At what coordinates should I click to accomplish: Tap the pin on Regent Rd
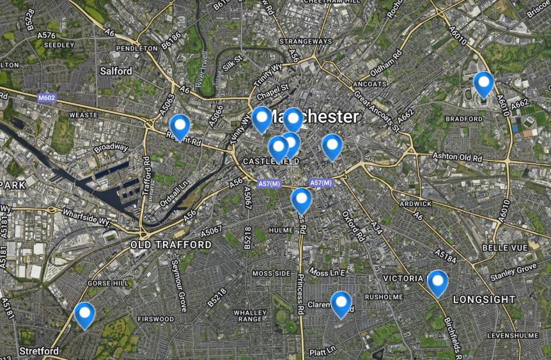click(180, 127)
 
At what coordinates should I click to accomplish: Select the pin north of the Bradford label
click(483, 84)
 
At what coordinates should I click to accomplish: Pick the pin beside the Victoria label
click(437, 283)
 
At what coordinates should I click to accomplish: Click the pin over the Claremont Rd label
click(341, 304)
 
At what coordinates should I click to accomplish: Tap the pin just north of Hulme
click(301, 200)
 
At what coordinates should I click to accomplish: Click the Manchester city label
click(313, 116)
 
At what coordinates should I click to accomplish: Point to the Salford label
click(116, 71)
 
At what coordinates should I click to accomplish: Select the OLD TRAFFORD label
click(171, 245)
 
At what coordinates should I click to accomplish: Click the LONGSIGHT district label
click(484, 299)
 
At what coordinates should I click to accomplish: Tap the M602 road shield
click(46, 98)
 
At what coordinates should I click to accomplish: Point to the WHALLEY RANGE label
click(249, 315)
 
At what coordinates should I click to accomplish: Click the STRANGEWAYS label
click(306, 42)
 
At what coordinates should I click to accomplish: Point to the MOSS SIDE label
click(271, 273)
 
